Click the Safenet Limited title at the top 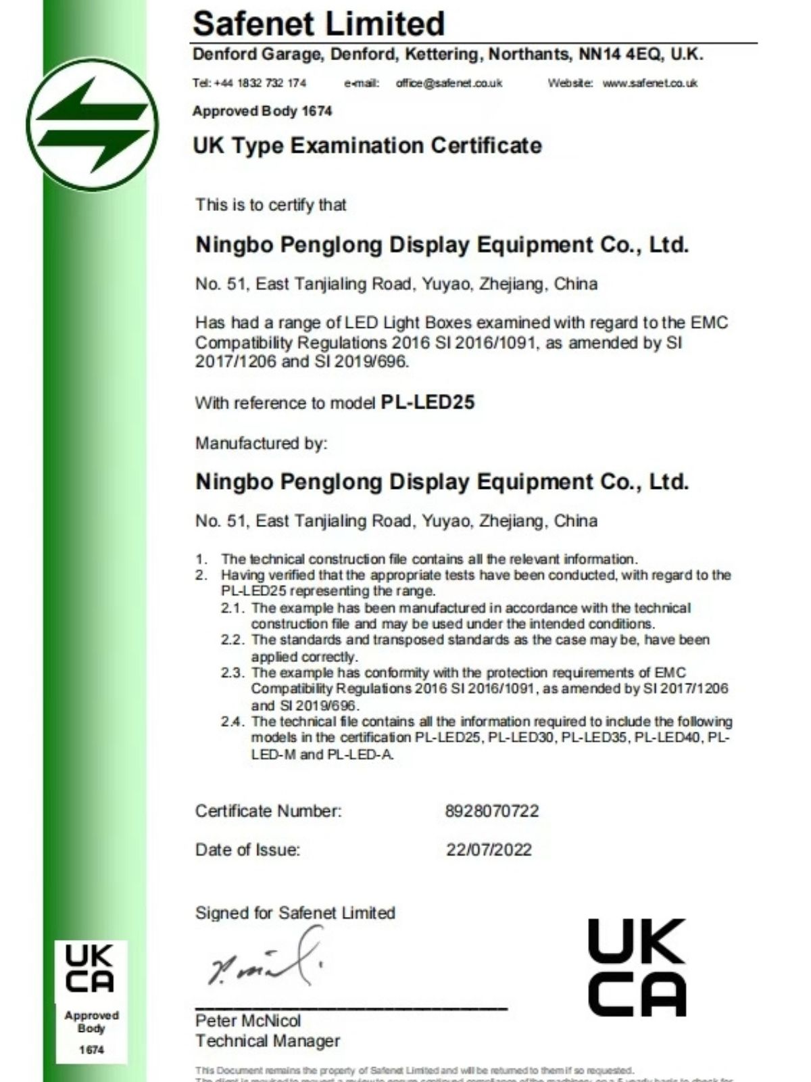(x=318, y=24)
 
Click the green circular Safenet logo (x=92, y=125)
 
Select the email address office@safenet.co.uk (x=449, y=83)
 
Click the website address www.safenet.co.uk (x=649, y=83)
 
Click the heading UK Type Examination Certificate (x=367, y=145)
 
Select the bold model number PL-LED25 (x=428, y=402)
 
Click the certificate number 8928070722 (x=492, y=811)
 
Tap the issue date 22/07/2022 (x=489, y=850)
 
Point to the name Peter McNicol (x=248, y=1020)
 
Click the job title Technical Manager (x=268, y=1041)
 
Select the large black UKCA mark (x=637, y=967)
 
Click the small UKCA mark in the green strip (x=90, y=968)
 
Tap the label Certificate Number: (x=268, y=811)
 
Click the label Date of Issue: (x=247, y=850)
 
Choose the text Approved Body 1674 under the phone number (x=262, y=111)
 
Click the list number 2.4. (x=232, y=722)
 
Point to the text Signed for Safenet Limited (x=295, y=913)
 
